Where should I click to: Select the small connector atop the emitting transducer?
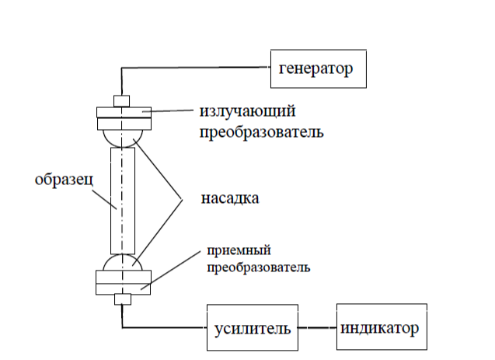122,100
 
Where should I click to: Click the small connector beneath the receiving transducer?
122,299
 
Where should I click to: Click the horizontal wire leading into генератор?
194,68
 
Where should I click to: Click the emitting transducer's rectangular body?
122,117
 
